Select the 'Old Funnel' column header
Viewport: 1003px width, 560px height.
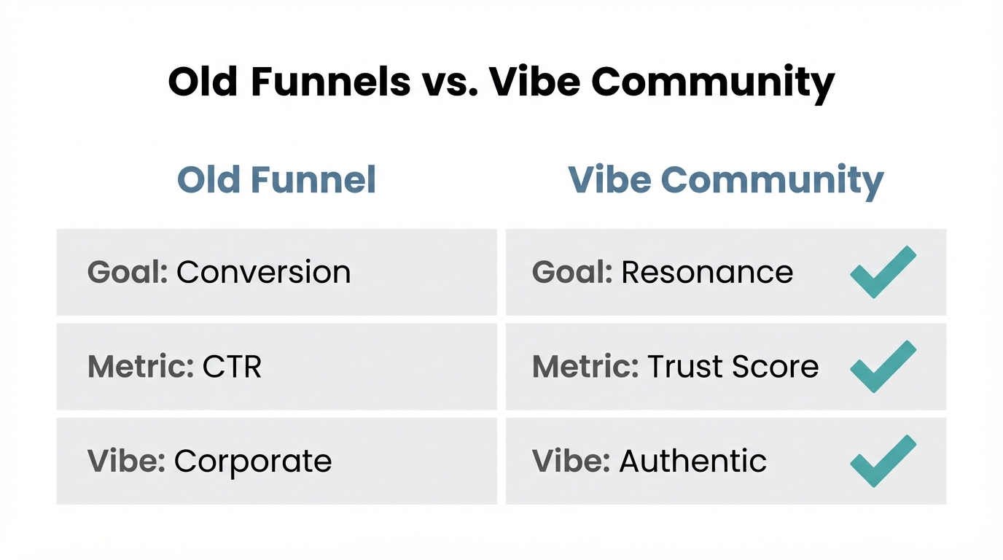tap(277, 179)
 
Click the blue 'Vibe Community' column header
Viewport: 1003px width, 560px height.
tap(725, 179)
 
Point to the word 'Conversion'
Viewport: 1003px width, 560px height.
tap(263, 272)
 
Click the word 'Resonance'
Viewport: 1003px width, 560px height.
tap(707, 272)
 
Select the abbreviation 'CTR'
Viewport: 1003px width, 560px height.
tap(232, 367)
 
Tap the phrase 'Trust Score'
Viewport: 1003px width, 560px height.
tap(733, 367)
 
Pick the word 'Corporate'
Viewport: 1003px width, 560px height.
tap(253, 462)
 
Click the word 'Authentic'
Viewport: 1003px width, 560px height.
tap(692, 462)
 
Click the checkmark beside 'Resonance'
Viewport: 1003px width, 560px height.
tap(883, 272)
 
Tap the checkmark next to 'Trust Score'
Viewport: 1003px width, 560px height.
tap(883, 366)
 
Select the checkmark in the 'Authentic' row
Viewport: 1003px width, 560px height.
tap(883, 461)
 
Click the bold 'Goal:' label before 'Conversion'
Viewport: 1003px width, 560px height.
tap(128, 272)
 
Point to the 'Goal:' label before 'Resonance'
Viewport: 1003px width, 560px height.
tap(572, 272)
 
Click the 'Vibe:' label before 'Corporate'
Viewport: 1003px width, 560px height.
tap(127, 462)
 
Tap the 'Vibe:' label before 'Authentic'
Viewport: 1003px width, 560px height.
tap(571, 462)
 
